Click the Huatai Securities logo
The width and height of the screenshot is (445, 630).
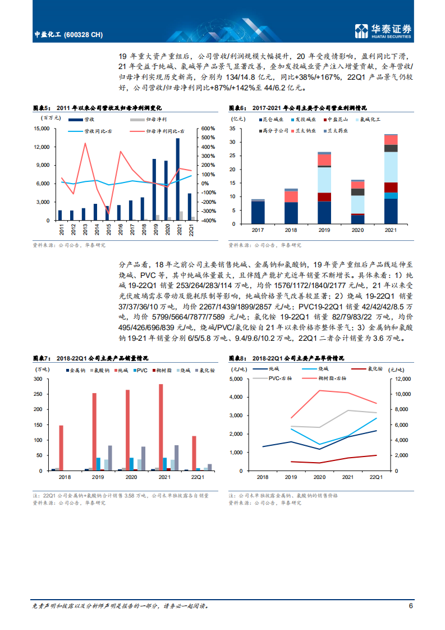pos(384,31)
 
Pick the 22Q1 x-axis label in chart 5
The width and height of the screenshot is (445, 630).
pos(191,231)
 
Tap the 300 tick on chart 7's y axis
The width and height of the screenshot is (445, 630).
pos(42,379)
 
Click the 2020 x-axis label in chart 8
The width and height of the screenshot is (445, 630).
pos(319,477)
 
